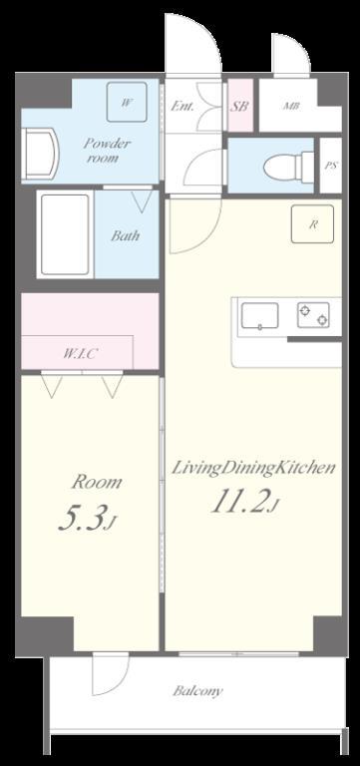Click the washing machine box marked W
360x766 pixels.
click(127, 102)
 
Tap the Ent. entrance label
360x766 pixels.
click(181, 106)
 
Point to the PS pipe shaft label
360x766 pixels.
click(330, 164)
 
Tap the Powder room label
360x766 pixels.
click(107, 151)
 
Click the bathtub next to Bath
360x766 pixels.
click(65, 235)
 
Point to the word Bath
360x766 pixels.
click(125, 236)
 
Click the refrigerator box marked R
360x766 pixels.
click(312, 224)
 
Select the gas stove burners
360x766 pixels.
click(312, 315)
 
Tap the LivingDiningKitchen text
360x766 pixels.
click(252, 468)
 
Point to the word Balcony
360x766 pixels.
click(197, 690)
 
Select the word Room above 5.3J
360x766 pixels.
click(96, 483)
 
